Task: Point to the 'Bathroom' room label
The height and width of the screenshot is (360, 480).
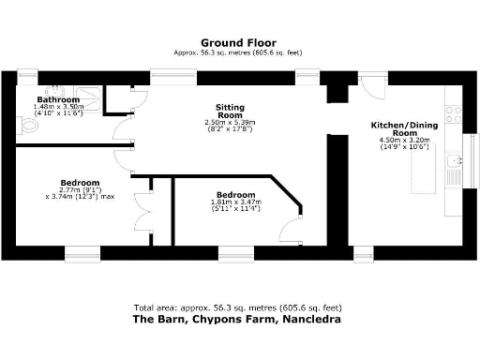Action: coord(58,99)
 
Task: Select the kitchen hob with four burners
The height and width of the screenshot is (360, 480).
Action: coord(453,115)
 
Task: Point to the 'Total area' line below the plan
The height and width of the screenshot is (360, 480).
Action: coord(240,307)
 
